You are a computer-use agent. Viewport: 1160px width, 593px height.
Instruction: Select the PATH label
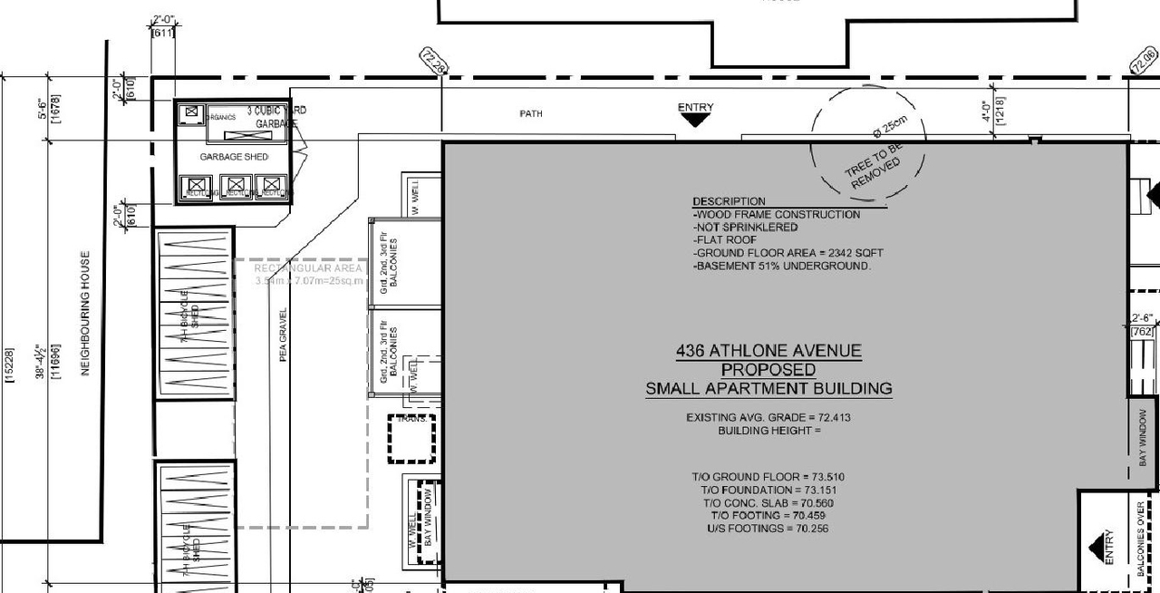[x=531, y=114]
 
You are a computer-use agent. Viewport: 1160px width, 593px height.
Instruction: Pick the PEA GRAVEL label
[x=283, y=335]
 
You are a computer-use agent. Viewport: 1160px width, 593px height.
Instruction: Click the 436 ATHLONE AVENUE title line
[x=768, y=351]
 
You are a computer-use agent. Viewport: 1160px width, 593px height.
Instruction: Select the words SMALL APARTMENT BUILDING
[x=768, y=389]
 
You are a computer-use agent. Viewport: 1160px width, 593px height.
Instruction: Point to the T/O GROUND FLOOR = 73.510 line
[x=768, y=477]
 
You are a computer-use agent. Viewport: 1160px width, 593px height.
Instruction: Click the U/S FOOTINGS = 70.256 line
[x=768, y=529]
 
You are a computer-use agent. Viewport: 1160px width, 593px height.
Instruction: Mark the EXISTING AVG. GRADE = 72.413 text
[x=768, y=418]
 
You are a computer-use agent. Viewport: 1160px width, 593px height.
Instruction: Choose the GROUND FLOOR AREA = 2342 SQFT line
[x=788, y=253]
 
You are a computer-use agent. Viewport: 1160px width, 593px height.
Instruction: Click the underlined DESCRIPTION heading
[x=729, y=201]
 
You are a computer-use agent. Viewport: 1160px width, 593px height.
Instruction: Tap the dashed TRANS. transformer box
[x=412, y=438]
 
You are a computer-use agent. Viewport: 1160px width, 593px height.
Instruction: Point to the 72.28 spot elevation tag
[x=434, y=62]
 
